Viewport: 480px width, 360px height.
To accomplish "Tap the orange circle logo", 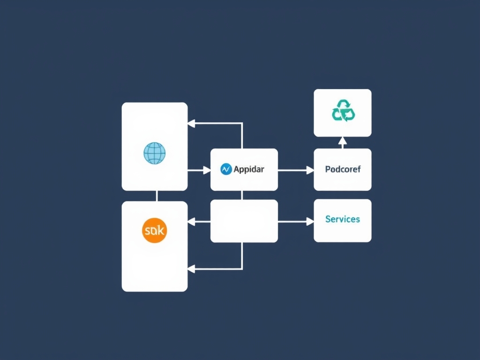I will coord(154,230).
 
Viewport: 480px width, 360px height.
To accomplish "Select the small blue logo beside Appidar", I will coord(226,169).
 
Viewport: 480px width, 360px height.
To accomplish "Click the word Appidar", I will coord(248,169).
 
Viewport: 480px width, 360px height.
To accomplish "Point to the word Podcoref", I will coord(343,169).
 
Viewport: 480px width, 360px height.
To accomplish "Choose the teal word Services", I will coord(343,219).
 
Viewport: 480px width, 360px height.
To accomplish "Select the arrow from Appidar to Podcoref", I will coord(295,170).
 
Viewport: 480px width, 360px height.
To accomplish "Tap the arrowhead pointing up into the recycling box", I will coord(342,140).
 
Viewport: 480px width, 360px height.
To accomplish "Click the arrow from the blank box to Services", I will coord(295,221).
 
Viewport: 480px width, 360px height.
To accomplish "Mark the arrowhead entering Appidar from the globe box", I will coord(207,170).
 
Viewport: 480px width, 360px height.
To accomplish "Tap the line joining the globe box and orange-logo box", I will coord(157,196).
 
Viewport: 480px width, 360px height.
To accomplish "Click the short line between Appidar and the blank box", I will coord(242,195).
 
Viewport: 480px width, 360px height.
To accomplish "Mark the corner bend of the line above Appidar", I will coord(242,124).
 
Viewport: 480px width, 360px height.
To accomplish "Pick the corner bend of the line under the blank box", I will coord(242,269).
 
